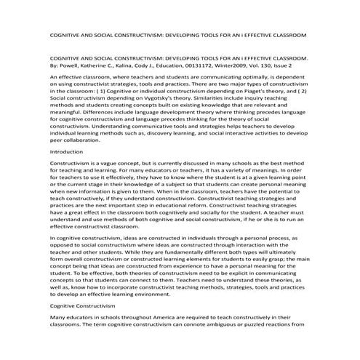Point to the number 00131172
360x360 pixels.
coord(217,63)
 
